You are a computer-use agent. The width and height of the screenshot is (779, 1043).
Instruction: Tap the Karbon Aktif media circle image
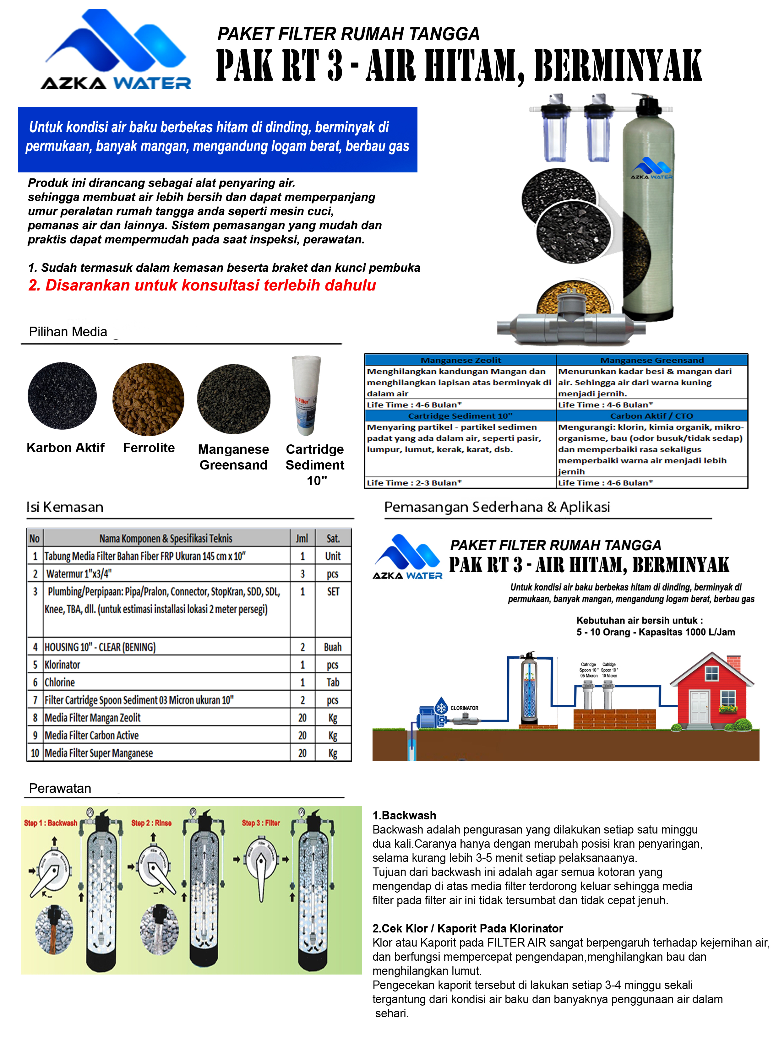(x=62, y=396)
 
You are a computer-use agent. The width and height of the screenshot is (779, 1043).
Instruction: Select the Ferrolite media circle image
(x=148, y=399)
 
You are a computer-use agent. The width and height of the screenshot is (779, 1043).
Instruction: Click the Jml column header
(x=302, y=538)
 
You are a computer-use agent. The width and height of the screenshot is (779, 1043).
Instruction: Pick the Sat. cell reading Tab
(x=332, y=682)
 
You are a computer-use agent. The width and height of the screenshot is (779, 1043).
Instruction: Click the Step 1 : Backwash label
(x=51, y=823)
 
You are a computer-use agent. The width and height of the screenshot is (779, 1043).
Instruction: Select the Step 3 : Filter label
(x=261, y=823)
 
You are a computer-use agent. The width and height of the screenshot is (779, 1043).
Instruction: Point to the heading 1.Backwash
(x=404, y=815)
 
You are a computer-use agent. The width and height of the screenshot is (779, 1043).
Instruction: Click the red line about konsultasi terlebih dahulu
(x=202, y=285)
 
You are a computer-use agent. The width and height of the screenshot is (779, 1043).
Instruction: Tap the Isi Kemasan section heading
(x=65, y=507)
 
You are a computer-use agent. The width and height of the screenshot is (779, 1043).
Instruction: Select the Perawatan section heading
(x=60, y=788)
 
